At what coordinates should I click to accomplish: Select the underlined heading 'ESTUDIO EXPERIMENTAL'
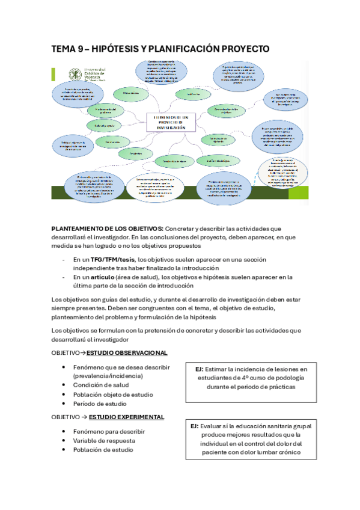(x=126, y=417)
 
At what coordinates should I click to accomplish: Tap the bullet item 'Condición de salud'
(x=100, y=385)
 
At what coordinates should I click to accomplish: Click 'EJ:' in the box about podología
(x=200, y=369)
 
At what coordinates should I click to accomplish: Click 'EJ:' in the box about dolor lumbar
(x=195, y=426)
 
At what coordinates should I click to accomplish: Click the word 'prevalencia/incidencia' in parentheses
(x=107, y=375)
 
